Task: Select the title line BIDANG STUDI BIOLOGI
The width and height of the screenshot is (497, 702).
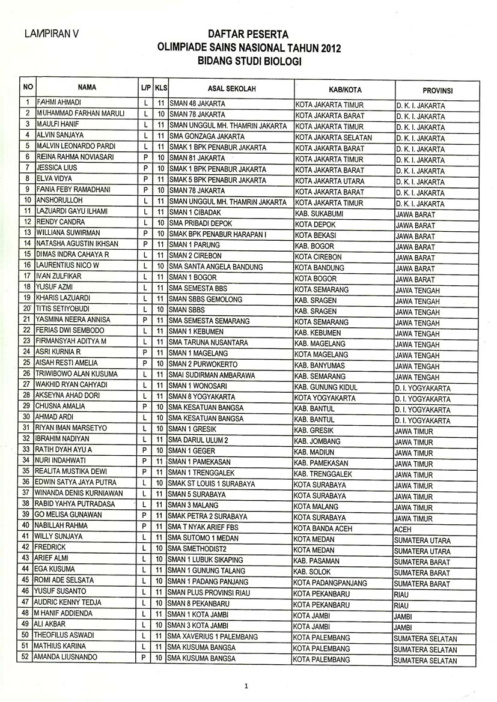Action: pos(248,61)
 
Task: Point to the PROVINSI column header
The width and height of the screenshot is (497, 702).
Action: pos(437,91)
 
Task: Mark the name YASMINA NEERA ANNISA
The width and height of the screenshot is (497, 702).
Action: pos(73,319)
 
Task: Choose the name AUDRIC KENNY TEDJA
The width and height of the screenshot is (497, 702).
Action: pos(67,602)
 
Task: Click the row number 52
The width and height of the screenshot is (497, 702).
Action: pos(25,657)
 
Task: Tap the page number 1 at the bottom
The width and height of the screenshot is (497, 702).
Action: pos(246,686)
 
